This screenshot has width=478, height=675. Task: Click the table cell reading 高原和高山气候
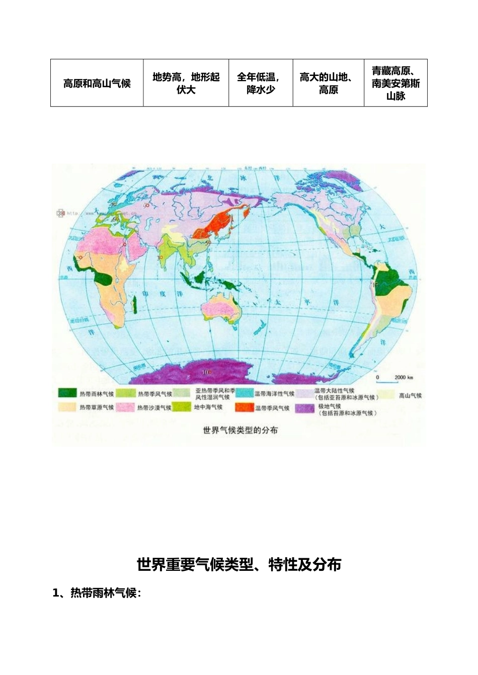tap(97, 83)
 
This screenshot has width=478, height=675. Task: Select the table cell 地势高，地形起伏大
tap(186, 83)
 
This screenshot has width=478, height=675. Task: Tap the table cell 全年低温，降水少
tap(260, 83)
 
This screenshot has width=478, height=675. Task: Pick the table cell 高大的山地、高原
tap(328, 83)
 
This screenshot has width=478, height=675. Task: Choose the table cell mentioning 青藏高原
tap(395, 83)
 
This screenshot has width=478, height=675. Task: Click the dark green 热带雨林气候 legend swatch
tap(67, 393)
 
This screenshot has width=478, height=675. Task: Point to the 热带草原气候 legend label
tap(96, 407)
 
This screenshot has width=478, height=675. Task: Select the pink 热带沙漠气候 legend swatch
tap(125, 407)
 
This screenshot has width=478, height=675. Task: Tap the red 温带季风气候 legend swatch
tap(243, 407)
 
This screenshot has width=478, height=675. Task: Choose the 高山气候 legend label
tap(410, 395)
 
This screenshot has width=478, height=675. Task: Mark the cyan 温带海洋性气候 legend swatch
tap(243, 393)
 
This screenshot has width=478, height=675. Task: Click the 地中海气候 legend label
tap(208, 407)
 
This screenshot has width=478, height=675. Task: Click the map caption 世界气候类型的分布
tap(240, 430)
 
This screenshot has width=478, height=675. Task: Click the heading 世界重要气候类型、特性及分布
tap(239, 564)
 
